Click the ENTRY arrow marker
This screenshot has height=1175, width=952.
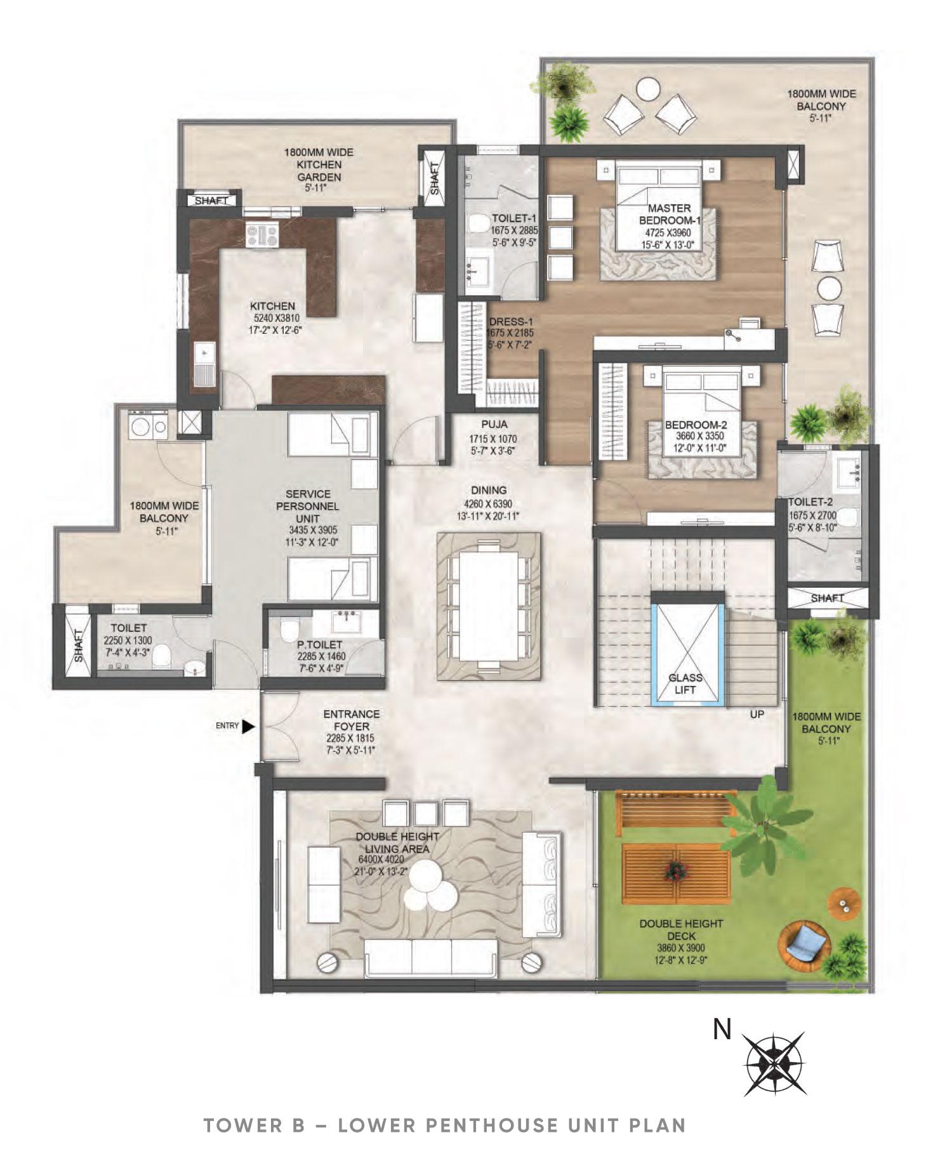tap(249, 726)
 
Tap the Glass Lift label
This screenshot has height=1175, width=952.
tap(685, 684)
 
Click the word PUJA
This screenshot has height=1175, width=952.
tap(493, 425)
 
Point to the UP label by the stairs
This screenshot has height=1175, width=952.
tap(757, 714)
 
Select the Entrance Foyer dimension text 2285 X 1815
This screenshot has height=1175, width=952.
tap(350, 738)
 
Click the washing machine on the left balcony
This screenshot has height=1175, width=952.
tap(139, 426)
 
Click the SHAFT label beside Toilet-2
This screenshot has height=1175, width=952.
tap(827, 598)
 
